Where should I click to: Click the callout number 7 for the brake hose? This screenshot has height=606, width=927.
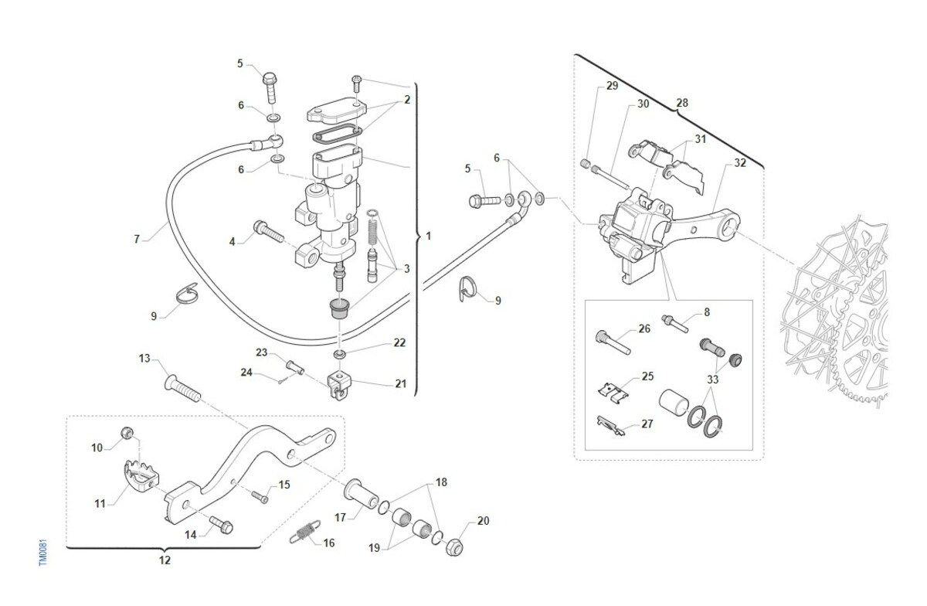pos(137,239)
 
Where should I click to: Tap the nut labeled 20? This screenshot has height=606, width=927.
pos(454,546)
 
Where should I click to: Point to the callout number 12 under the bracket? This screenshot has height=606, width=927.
pos(165,560)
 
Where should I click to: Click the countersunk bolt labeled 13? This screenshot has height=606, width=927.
pos(182,387)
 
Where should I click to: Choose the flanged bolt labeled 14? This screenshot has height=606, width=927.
pos(221,525)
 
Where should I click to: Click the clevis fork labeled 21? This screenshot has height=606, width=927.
pos(339,386)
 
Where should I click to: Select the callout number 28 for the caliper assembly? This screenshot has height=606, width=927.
pos(682,103)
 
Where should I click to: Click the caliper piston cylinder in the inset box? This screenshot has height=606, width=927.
pos(674,402)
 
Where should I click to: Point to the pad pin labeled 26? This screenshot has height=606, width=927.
pos(613,342)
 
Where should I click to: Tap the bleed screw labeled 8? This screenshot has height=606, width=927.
pos(674,324)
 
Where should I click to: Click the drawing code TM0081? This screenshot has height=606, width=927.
pos(43,552)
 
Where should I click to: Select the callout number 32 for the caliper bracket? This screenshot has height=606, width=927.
pos(740,163)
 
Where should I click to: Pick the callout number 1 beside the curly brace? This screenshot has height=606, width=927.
pos(428,236)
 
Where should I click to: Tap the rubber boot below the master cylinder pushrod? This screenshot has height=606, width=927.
pos(339,308)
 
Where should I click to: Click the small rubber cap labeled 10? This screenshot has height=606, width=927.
pos(127,434)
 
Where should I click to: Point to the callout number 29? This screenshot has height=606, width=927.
pos(612,86)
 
